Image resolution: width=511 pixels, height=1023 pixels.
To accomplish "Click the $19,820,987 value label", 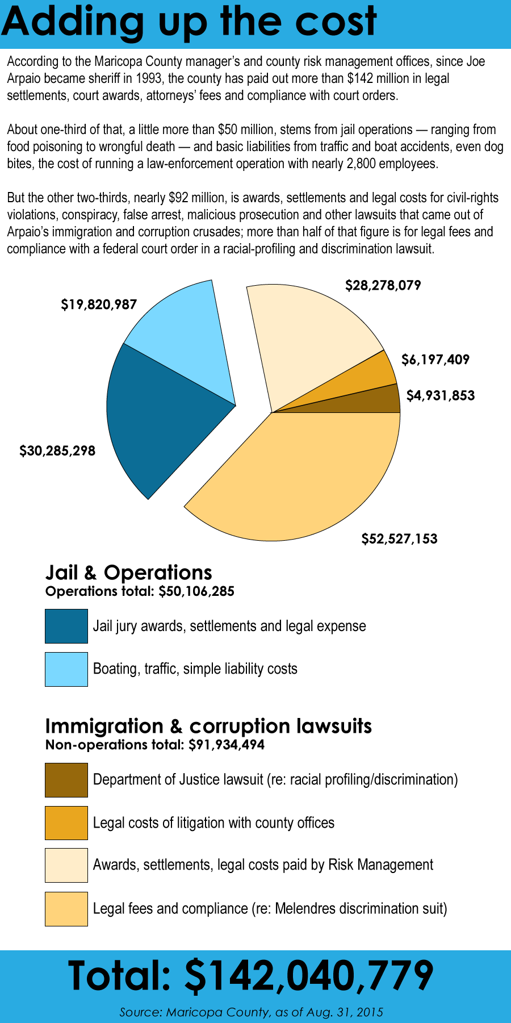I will [99, 305].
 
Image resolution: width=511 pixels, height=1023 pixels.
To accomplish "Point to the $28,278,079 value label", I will [383, 285].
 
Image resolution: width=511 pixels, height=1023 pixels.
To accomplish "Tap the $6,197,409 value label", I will [435, 360].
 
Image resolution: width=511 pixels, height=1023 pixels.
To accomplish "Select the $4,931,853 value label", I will [441, 395].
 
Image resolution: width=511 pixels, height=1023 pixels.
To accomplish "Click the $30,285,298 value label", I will [57, 451].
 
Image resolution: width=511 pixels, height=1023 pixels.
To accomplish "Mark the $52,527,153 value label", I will [400, 538].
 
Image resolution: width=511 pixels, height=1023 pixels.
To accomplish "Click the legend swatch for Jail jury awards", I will [66, 626].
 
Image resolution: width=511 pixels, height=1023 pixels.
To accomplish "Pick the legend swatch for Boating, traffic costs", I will [66, 669].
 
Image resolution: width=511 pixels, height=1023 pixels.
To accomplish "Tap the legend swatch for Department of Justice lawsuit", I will [66, 780].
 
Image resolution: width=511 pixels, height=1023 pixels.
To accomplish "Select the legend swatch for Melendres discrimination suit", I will [66, 909].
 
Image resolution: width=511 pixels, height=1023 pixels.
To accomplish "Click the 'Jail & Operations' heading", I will [129, 573].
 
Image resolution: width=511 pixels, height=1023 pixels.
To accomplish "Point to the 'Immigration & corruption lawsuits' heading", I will [208, 726].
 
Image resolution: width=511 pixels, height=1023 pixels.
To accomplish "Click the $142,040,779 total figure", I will [309, 976].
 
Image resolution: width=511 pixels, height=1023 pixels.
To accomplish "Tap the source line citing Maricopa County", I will [251, 1012].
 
